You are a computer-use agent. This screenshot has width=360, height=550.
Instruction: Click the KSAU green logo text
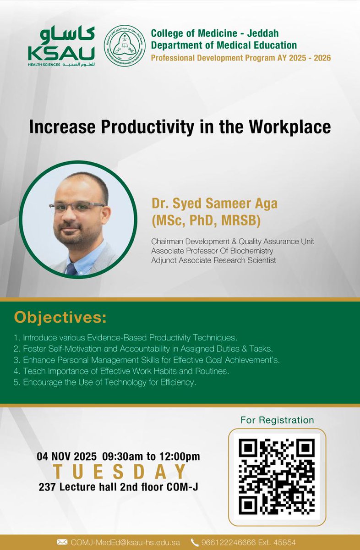coord(61,53)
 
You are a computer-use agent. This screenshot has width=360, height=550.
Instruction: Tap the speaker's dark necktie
coord(71,268)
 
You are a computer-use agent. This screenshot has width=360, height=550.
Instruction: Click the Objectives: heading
coord(60,317)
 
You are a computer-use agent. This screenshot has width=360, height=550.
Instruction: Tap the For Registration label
coord(277,420)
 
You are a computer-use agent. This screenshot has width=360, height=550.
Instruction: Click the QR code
coord(277,476)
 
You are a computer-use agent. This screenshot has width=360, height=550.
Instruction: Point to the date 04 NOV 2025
coord(67,456)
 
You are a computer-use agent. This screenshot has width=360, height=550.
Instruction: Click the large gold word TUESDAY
coord(119,472)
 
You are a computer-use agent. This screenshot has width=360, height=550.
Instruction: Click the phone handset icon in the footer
coord(194,542)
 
